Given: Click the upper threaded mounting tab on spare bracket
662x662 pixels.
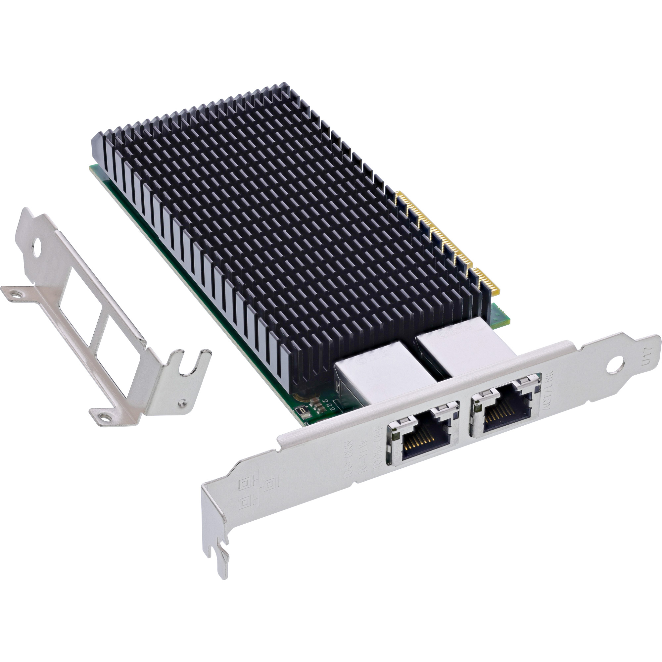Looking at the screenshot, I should [x=15, y=293].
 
